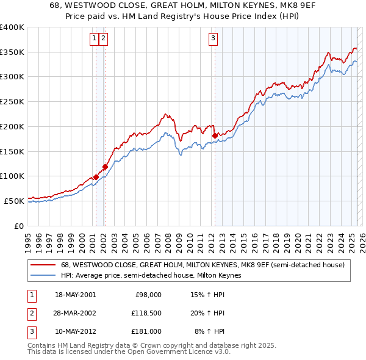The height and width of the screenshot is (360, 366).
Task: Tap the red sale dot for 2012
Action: [x=215, y=135]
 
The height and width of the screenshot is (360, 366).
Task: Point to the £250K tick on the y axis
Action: [x=13, y=101]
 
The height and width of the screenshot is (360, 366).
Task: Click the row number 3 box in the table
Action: [x=31, y=331]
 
